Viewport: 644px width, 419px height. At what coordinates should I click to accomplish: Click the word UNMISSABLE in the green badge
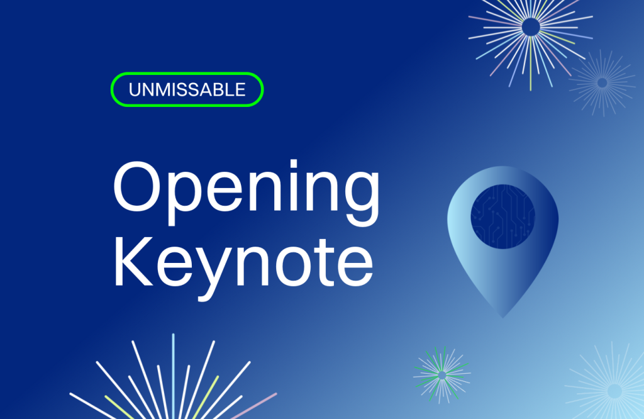click(187, 89)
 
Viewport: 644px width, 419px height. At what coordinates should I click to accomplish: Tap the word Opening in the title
click(247, 193)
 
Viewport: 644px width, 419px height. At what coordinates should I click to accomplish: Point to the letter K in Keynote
click(133, 261)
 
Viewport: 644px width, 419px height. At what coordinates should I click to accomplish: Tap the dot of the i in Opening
click(293, 163)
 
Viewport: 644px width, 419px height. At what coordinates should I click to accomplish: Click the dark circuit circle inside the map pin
click(502, 216)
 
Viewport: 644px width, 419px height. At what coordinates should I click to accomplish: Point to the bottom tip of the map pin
click(502, 318)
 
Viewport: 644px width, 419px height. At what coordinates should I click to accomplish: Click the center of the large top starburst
click(531, 27)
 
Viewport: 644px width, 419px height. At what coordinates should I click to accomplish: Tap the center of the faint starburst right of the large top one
click(602, 82)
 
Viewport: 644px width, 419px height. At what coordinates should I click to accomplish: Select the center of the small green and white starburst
click(442, 375)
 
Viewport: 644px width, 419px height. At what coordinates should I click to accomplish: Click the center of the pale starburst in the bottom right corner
click(614, 391)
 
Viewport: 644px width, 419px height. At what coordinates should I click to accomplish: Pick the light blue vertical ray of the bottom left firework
click(174, 376)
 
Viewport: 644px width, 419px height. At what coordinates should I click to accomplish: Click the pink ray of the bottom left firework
click(254, 406)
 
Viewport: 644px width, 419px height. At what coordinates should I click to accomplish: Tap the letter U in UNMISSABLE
click(135, 89)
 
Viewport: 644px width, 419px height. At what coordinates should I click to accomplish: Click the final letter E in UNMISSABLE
click(240, 89)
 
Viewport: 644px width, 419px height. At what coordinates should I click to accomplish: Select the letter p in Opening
click(185, 199)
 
